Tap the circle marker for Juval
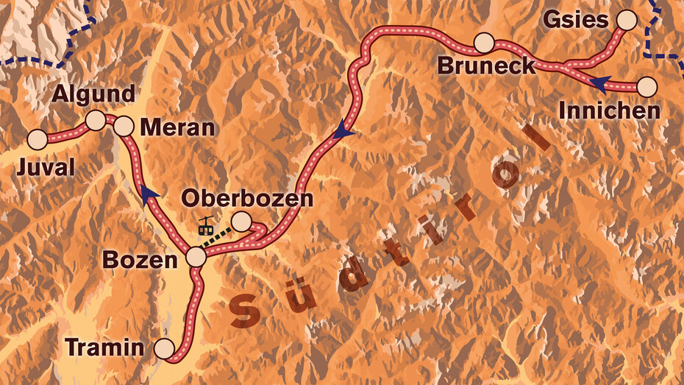pyautogui.click(x=38, y=138)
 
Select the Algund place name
pyautogui.click(x=93, y=93)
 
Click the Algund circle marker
pyautogui.click(x=96, y=120)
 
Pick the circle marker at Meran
pyautogui.click(x=124, y=127)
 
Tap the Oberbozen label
pyautogui.click(x=247, y=198)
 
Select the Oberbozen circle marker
pyautogui.click(x=241, y=221)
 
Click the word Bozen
pyautogui.click(x=140, y=260)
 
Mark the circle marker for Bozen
pyautogui.click(x=196, y=258)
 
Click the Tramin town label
pyautogui.click(x=104, y=346)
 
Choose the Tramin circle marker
pyautogui.click(x=165, y=347)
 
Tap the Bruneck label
pyautogui.click(x=486, y=66)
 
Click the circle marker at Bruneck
pyautogui.click(x=483, y=43)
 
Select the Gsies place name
pyautogui.click(x=576, y=20)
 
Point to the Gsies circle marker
pyautogui.click(x=626, y=20)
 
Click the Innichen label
pyautogui.click(x=609, y=111)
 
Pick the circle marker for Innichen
pyautogui.click(x=646, y=87)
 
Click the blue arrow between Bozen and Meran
pyautogui.click(x=150, y=193)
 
